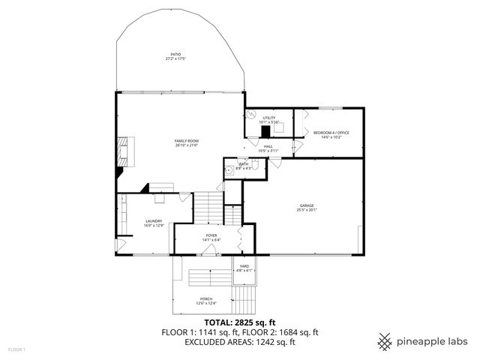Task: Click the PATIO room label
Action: pos(176,54)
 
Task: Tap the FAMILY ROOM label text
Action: pos(186,141)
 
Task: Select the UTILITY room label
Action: pos(268,118)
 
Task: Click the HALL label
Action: pos(268,147)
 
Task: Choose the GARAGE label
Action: pos(306,205)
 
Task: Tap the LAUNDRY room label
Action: pos(154,221)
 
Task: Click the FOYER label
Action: pos(211,235)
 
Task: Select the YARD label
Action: pos(244,266)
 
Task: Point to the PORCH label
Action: pos(205,299)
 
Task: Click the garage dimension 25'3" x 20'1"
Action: pos(306,210)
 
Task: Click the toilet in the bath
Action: pos(255,168)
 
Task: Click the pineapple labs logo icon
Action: pos(385,342)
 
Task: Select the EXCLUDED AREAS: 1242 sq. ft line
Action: pos(239,342)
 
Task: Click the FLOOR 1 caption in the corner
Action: pos(16,349)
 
